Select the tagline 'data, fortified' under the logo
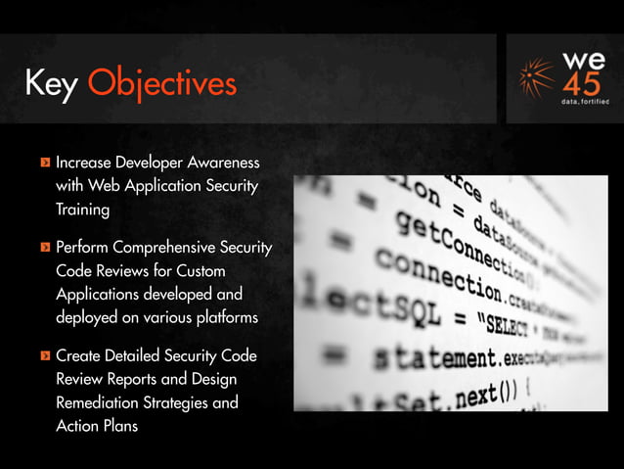pyautogui.click(x=584, y=101)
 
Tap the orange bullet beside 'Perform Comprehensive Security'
pyautogui.click(x=44, y=247)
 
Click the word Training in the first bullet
pyautogui.click(x=82, y=209)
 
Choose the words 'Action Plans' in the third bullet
pyautogui.click(x=97, y=426)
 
